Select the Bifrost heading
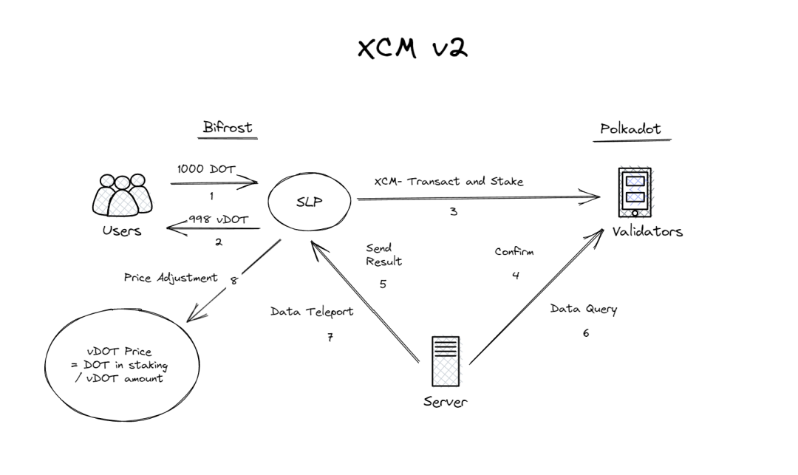click(227, 127)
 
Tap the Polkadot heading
click(630, 129)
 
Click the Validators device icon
click(635, 190)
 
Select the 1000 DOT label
click(206, 169)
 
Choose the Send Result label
click(383, 254)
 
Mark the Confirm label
click(514, 251)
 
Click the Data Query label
click(583, 309)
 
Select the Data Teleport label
click(312, 312)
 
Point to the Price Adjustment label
click(171, 278)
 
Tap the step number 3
click(453, 211)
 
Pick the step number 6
click(586, 333)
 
